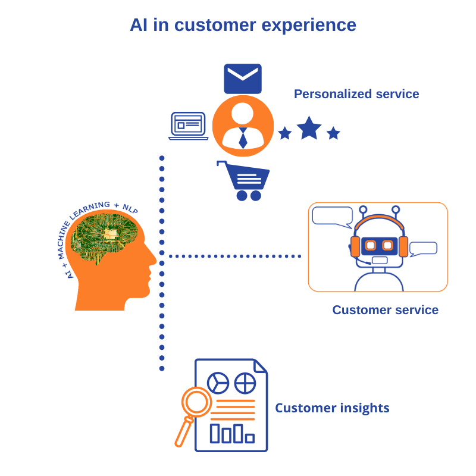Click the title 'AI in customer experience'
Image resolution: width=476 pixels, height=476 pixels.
(243, 25)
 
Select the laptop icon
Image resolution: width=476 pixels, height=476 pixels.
(188, 126)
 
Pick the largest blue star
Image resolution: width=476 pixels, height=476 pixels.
(309, 128)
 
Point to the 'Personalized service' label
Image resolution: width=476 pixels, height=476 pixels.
(356, 94)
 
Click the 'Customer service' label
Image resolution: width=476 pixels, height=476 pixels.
(385, 310)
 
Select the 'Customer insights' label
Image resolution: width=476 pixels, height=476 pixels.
(332, 408)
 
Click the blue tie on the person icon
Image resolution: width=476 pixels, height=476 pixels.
(243, 138)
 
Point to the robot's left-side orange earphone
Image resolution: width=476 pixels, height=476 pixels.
(355, 246)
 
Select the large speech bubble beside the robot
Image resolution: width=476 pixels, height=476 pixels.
(333, 216)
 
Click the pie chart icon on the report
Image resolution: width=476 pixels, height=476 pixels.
(218, 382)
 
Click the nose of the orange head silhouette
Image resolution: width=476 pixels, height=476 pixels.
(153, 259)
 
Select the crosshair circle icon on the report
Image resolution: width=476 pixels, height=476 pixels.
(245, 382)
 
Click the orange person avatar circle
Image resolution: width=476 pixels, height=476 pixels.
(243, 126)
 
